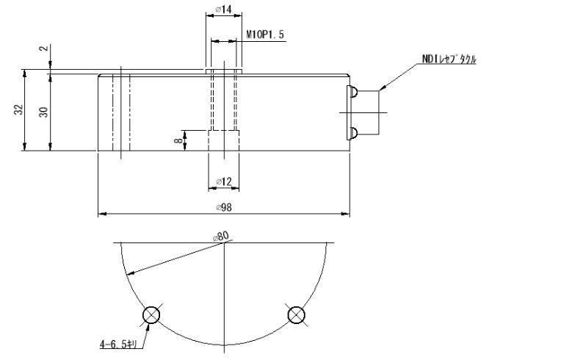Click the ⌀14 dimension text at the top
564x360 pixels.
click(224, 10)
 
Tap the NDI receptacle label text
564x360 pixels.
click(447, 60)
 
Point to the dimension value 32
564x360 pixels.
click(18, 110)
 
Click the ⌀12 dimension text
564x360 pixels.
click(224, 181)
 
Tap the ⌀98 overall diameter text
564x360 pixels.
click(224, 207)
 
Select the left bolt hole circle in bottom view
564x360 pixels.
click(151, 315)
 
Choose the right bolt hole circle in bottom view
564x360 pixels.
click(297, 315)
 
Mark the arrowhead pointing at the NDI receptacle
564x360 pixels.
click(384, 88)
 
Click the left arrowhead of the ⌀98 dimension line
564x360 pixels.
click(102, 215)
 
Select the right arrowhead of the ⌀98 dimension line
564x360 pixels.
click(346, 215)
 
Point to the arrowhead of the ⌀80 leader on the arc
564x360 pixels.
click(129, 273)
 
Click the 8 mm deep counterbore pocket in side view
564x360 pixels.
click(224, 140)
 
